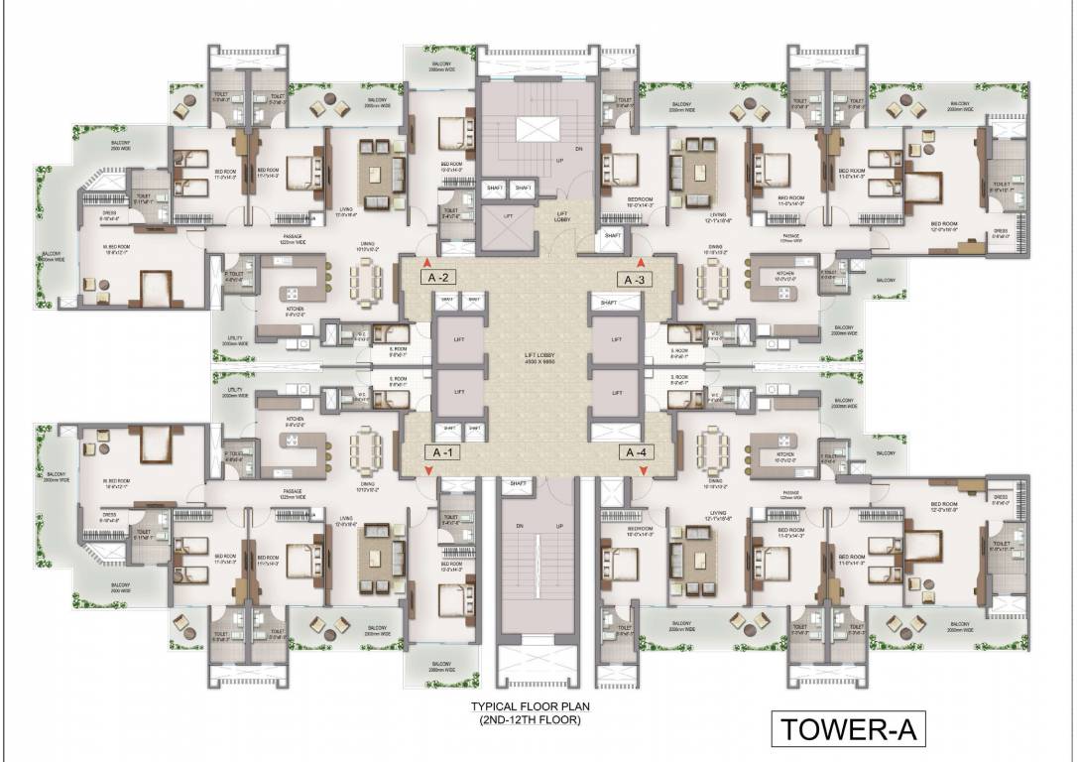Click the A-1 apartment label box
442,451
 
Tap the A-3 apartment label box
635,279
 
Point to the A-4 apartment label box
635,452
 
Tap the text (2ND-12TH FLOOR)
526,721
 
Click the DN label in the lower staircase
518,525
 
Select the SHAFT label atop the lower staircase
517,483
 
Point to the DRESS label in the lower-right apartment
1000,497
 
